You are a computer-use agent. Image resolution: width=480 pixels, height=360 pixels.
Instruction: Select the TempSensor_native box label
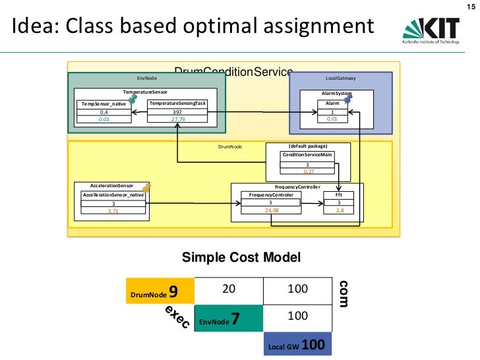[104, 104]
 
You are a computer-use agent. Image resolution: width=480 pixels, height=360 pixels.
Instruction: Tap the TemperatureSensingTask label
[178, 104]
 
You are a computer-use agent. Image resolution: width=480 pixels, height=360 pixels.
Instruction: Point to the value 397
[178, 113]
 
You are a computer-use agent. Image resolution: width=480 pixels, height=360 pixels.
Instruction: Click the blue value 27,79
[178, 119]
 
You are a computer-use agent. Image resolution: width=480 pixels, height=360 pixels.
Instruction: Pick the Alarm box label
[332, 104]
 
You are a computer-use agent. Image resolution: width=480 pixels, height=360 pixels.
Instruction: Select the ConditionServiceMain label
[307, 155]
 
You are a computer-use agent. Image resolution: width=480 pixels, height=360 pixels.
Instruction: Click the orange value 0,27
[308, 171]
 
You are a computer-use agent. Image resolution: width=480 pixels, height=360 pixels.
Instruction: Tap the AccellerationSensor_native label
[113, 195]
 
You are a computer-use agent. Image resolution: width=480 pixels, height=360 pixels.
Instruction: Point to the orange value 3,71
[113, 210]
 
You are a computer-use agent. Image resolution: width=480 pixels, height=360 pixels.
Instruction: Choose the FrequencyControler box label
[270, 195]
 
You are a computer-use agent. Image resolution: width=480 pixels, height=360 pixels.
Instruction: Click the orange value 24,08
[271, 210]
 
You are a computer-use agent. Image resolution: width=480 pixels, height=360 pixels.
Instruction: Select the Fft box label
[338, 195]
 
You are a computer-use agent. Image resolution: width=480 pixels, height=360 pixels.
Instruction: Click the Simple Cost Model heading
[241, 257]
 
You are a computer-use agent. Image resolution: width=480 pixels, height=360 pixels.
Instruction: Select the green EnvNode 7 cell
[229, 318]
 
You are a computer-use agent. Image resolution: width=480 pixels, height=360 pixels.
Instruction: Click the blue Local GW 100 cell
[297, 345]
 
